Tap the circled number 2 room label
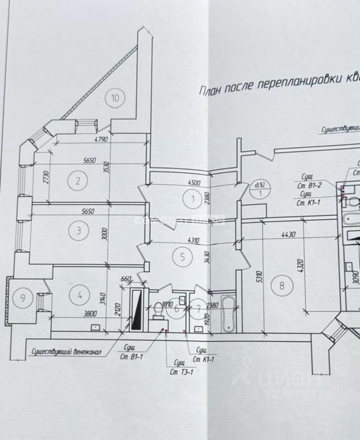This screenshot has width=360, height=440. click(x=78, y=180)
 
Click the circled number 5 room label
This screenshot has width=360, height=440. click(x=182, y=257)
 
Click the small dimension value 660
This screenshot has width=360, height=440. click(x=126, y=279)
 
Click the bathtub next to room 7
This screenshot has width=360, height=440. click(x=227, y=314)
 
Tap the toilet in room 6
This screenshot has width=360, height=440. click(x=158, y=309)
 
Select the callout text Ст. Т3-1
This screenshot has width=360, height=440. click(x=182, y=372)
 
